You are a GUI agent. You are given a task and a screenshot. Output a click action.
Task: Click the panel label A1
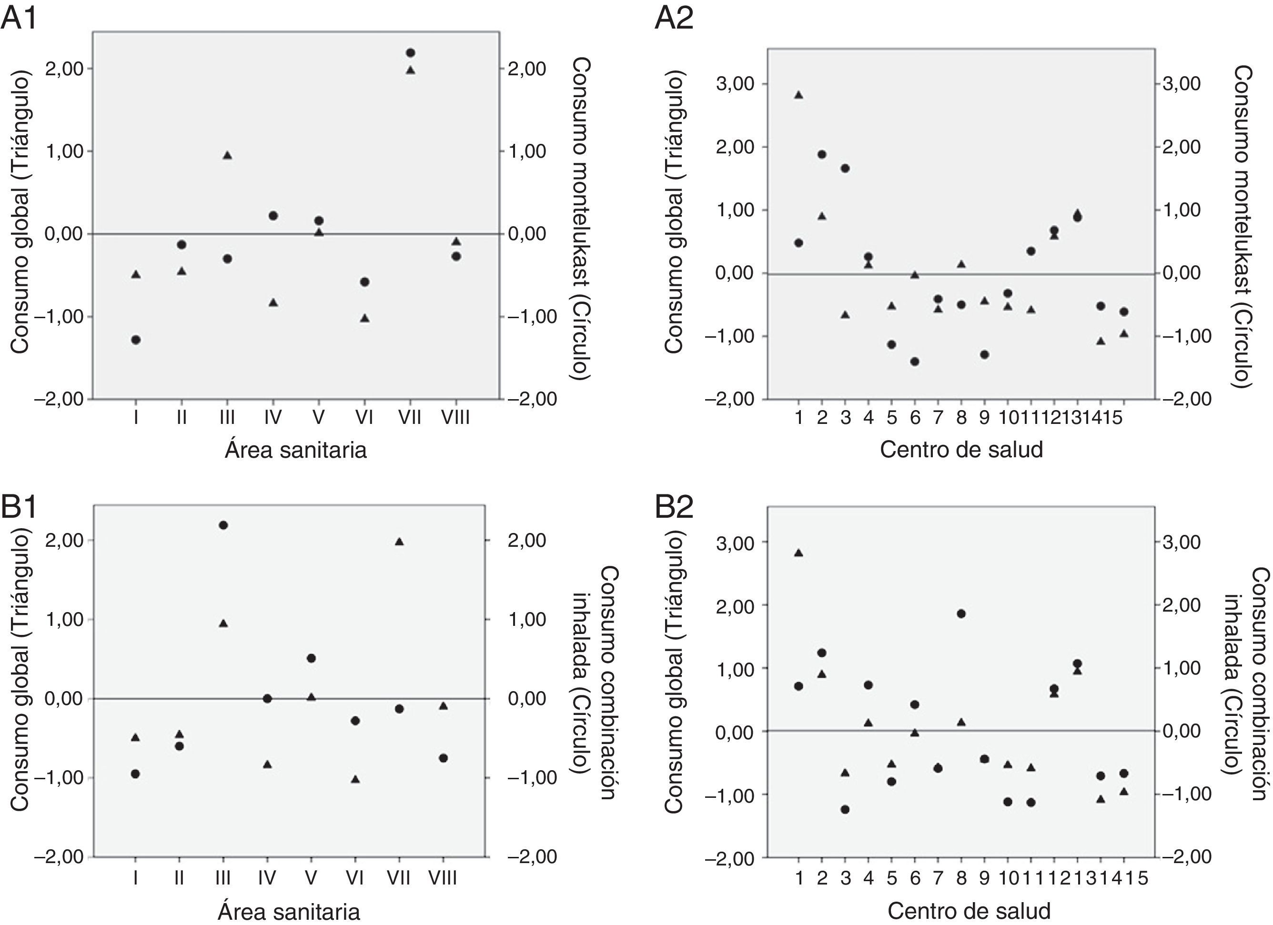click(20, 18)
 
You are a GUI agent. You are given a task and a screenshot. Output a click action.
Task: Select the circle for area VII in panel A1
click(410, 53)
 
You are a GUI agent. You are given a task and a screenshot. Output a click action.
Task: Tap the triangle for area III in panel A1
click(227, 155)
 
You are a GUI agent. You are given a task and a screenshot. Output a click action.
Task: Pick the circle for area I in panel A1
click(136, 340)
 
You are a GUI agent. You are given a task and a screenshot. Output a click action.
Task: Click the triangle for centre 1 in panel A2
click(798, 95)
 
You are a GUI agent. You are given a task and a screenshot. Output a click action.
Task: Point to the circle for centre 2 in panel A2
click(822, 154)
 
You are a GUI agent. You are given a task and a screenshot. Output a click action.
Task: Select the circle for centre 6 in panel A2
click(915, 362)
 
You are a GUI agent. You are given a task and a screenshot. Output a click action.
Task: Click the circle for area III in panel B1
click(223, 525)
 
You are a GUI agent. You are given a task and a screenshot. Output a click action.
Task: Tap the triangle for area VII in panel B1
click(399, 542)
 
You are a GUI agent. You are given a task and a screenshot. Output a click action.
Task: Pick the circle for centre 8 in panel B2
click(961, 613)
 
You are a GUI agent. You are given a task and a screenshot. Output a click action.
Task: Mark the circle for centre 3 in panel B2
click(845, 809)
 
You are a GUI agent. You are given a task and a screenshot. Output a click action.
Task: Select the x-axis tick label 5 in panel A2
click(892, 418)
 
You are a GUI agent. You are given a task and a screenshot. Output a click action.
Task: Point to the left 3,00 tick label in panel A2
click(734, 84)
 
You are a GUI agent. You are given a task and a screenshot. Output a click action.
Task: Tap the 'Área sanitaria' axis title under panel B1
click(289, 912)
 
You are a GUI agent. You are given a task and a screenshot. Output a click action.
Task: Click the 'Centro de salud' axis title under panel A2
click(961, 450)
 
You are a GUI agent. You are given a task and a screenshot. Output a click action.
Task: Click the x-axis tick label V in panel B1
click(311, 877)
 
